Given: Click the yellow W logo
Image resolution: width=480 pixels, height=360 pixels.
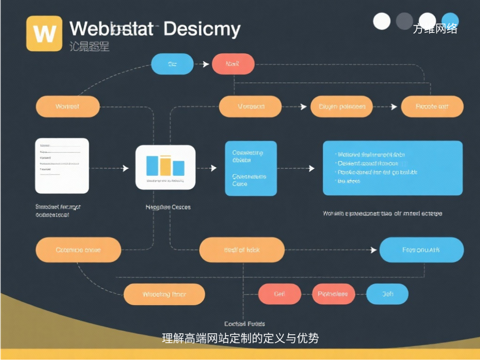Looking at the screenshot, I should click(x=45, y=33).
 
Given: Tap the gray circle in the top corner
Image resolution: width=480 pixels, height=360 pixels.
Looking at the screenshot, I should click(x=405, y=21).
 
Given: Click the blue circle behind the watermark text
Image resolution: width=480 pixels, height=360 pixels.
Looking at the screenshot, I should click(x=450, y=21).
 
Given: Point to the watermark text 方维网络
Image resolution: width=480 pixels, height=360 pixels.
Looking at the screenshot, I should click(x=435, y=29).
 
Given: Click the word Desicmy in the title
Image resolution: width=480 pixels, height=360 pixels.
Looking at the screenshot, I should click(x=202, y=29).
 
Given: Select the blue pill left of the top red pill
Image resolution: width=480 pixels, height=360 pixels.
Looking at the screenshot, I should click(x=172, y=64).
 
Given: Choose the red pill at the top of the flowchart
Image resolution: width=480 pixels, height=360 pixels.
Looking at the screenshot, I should click(x=233, y=64).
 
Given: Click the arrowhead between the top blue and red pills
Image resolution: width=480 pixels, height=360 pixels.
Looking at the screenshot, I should click(x=206, y=64).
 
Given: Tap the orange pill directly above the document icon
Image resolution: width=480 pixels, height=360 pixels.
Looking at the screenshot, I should click(x=67, y=106).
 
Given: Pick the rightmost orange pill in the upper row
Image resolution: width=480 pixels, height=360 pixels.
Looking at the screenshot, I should click(x=432, y=106).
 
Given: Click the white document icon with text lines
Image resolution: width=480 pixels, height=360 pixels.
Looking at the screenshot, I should click(x=62, y=165).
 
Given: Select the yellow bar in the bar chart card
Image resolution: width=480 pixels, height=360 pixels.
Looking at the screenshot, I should click(x=165, y=165).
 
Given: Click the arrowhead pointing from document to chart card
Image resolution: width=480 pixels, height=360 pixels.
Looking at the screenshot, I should click(x=125, y=168).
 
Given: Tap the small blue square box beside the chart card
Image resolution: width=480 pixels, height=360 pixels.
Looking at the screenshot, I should click(x=251, y=168).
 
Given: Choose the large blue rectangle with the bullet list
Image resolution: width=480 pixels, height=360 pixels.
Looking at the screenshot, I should click(x=393, y=168).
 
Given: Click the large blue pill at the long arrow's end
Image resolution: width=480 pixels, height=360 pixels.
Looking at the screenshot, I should click(x=421, y=250).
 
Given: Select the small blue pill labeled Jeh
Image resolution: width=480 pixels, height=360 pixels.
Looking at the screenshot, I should click(x=387, y=294).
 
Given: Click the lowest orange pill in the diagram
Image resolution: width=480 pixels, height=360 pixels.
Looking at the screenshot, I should click(x=164, y=294).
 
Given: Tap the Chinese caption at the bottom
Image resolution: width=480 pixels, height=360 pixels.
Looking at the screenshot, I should click(x=240, y=338).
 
